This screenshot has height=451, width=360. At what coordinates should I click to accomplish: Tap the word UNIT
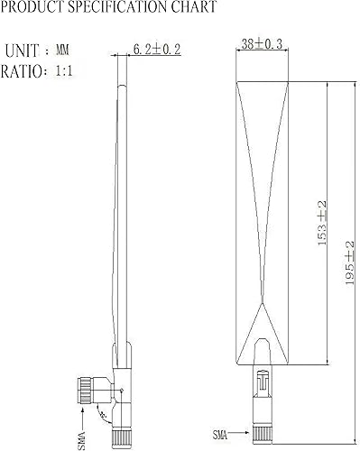pyautogui.click(x=26, y=50)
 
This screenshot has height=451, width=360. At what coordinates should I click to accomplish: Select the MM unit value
pyautogui.click(x=62, y=50)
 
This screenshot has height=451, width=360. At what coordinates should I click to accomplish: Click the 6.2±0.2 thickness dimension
pyautogui.click(x=157, y=50)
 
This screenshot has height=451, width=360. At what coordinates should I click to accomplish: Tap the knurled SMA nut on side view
pyautogui.click(x=81, y=387)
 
